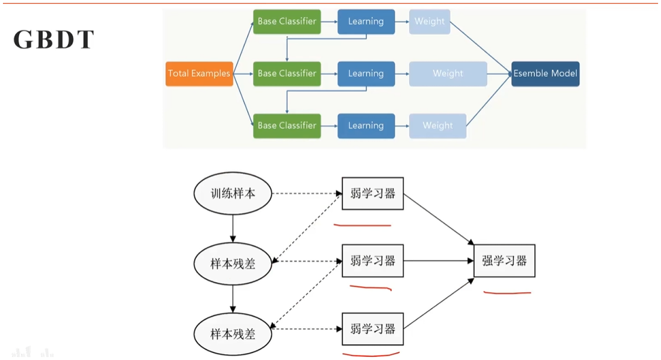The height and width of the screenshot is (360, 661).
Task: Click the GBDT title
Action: click(x=53, y=40)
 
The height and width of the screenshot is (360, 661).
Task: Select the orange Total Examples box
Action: click(x=199, y=74)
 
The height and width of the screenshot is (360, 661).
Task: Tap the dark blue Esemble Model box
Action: click(x=545, y=74)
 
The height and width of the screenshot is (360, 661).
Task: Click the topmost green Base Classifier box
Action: click(x=287, y=22)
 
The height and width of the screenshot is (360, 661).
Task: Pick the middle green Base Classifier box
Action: click(x=287, y=74)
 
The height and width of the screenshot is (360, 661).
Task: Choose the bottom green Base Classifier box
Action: click(x=287, y=126)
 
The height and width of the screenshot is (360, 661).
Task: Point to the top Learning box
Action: click(x=366, y=22)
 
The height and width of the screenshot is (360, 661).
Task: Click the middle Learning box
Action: click(x=366, y=74)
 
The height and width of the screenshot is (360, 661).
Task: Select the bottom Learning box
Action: click(x=366, y=126)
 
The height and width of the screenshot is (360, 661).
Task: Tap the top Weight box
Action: click(x=430, y=22)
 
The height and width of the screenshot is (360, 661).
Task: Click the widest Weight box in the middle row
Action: click(x=448, y=74)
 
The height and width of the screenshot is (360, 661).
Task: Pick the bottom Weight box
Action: click(x=437, y=126)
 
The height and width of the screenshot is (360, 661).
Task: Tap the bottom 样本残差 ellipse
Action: click(x=233, y=334)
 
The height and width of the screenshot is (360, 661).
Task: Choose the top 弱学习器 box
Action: click(x=373, y=194)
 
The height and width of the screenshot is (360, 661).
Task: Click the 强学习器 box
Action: click(x=504, y=261)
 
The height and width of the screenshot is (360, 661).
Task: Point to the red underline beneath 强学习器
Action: click(x=507, y=292)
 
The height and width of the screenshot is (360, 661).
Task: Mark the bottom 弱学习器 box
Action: click(x=373, y=329)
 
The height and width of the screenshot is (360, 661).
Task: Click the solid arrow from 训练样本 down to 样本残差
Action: click(x=233, y=228)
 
